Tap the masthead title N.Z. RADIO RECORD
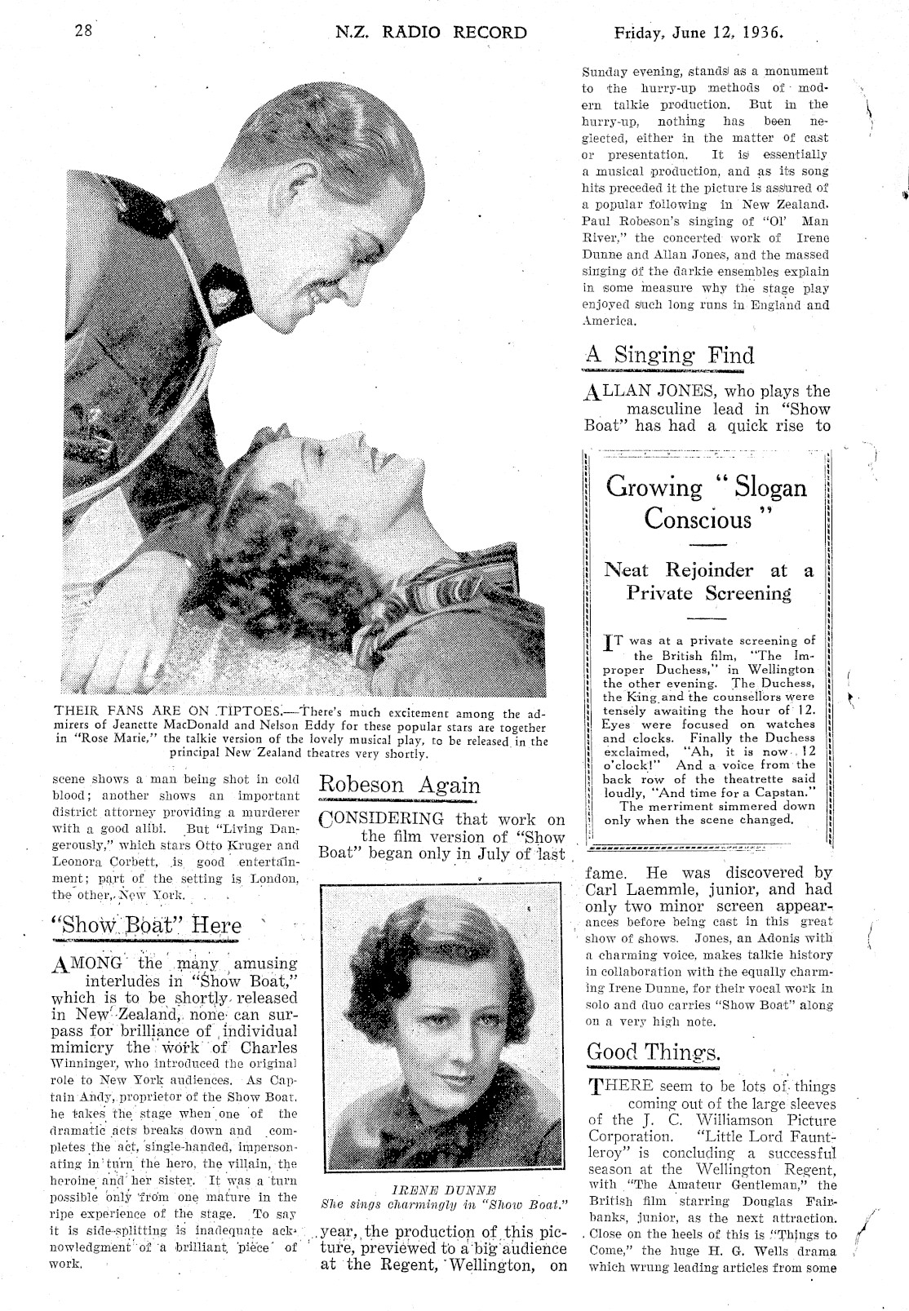click(x=431, y=33)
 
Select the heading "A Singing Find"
click(x=670, y=356)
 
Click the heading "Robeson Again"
click(x=399, y=785)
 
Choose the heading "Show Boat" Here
click(x=146, y=926)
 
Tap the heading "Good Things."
click(x=654, y=1052)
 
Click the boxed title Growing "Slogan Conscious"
click(x=706, y=503)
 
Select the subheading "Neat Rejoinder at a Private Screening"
click(x=708, y=582)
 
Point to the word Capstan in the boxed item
click(x=773, y=792)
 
